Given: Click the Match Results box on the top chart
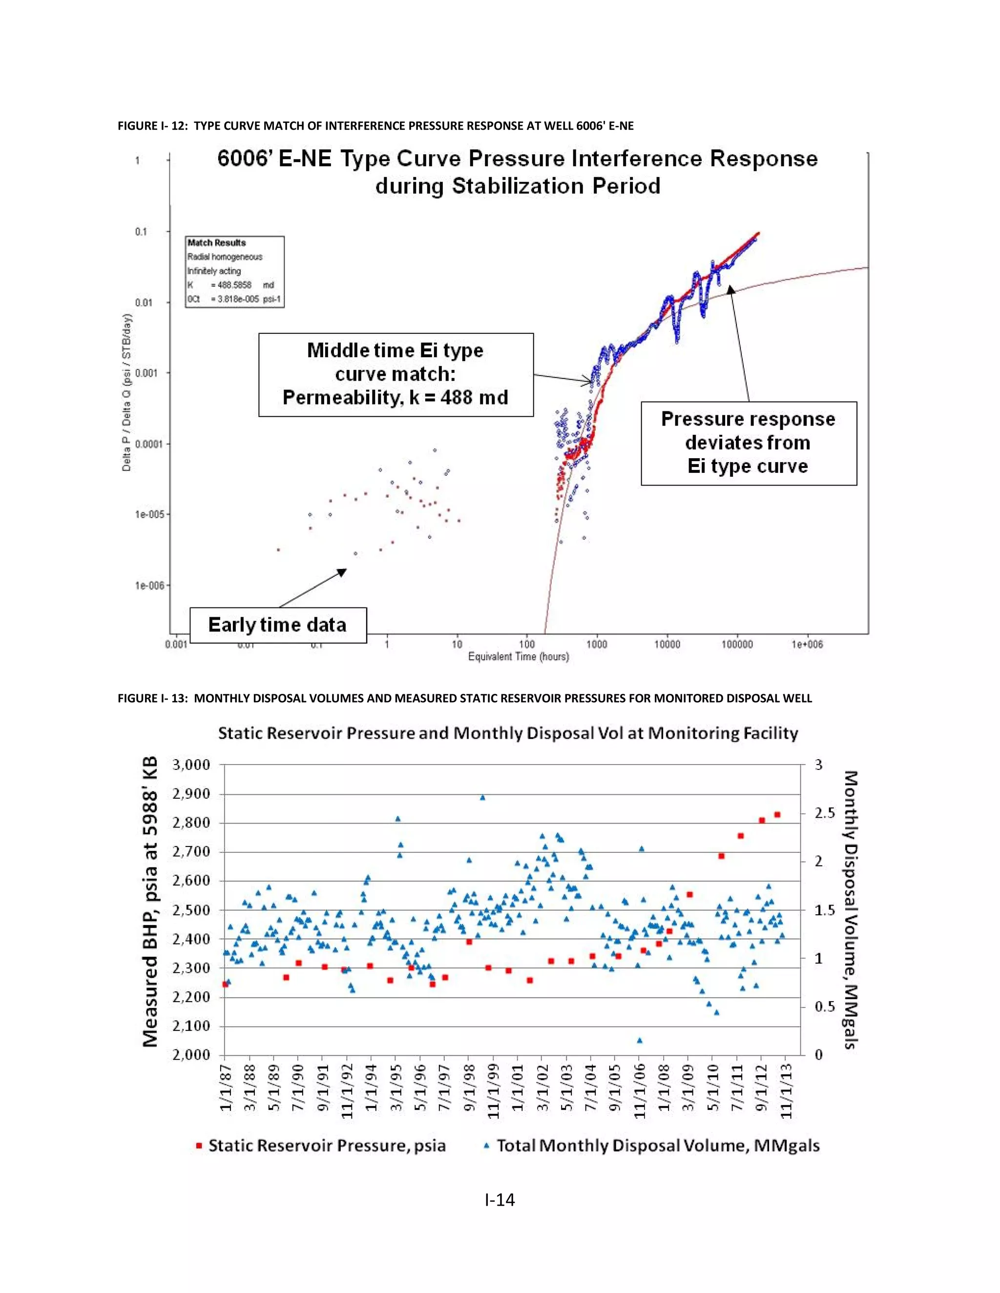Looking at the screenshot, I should [x=234, y=271].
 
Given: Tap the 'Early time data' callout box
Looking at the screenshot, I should [x=277, y=625].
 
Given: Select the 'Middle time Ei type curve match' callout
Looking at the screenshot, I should [x=395, y=374].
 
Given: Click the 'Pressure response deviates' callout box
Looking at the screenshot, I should [x=748, y=443].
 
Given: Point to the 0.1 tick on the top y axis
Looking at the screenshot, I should [x=141, y=231].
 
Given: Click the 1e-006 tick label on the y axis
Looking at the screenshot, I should [x=149, y=586].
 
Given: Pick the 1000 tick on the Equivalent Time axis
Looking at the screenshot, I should [x=597, y=644].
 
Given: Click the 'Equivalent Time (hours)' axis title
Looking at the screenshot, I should [x=519, y=657].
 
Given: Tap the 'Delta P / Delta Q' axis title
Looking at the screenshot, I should [x=127, y=392].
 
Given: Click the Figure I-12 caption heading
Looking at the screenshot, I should [x=375, y=126].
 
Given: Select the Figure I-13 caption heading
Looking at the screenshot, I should [x=464, y=699].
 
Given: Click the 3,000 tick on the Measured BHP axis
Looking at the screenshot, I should [x=191, y=765].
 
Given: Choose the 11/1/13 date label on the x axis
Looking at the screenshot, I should [x=786, y=1093].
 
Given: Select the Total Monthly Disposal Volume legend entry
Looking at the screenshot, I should [x=652, y=1146].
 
